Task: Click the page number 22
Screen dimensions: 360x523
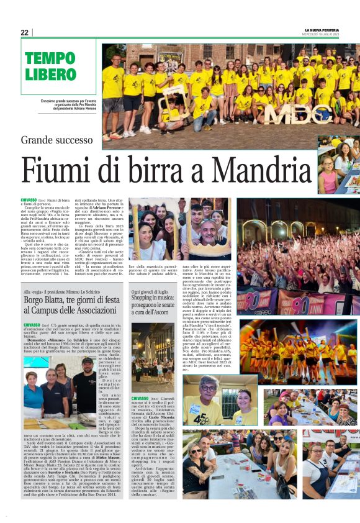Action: click(x=24, y=32)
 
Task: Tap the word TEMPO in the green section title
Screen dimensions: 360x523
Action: click(x=50, y=59)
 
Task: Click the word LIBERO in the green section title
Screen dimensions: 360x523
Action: click(x=50, y=75)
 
